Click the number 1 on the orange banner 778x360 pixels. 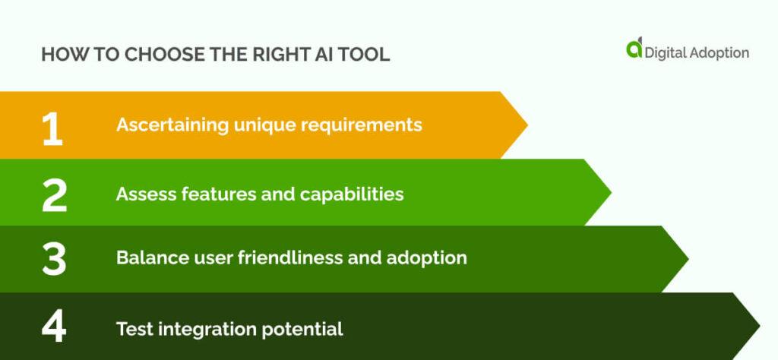52,128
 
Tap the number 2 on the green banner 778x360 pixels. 54,195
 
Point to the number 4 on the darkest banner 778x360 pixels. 54,327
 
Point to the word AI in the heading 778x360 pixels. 319,55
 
